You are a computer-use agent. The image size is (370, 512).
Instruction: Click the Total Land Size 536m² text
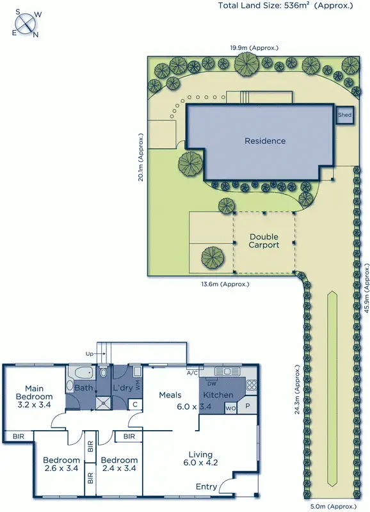pyautogui.click(x=285, y=6)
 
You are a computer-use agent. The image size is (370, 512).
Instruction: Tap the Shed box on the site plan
pyautogui.click(x=345, y=115)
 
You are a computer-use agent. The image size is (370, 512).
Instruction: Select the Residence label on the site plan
pyautogui.click(x=265, y=141)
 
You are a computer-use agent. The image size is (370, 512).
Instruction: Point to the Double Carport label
pyautogui.click(x=264, y=241)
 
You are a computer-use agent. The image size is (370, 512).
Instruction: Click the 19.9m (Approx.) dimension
pyautogui.click(x=254, y=47)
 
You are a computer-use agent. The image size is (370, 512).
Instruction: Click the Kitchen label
pyautogui.click(x=218, y=395)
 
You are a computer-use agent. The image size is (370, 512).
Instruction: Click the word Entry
pyautogui.click(x=206, y=487)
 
